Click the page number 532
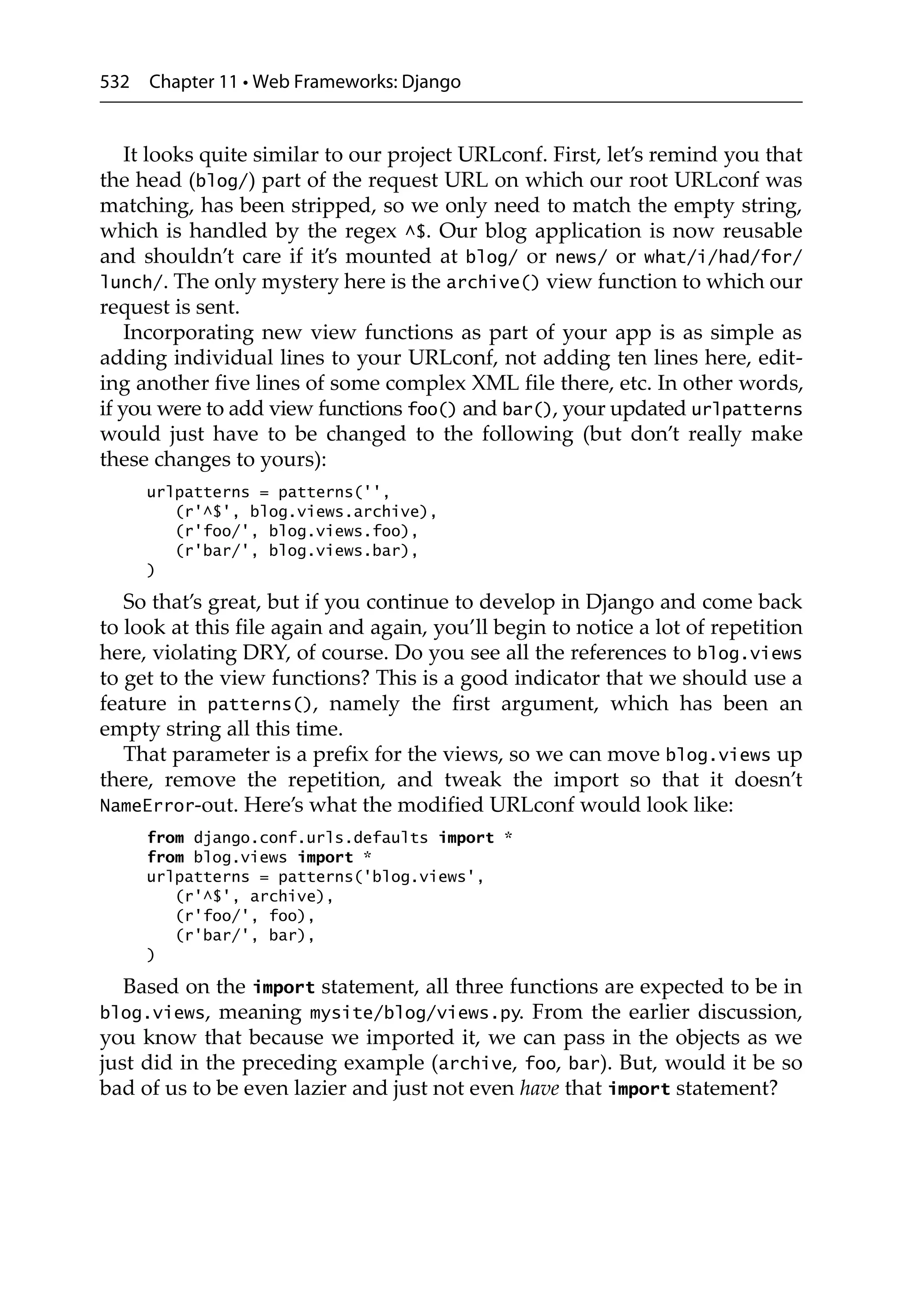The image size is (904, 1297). (x=114, y=83)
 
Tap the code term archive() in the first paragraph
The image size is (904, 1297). (x=492, y=283)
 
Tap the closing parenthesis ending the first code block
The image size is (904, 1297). (x=150, y=570)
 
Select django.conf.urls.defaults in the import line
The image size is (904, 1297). (x=311, y=838)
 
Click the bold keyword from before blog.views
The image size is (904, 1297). (x=165, y=857)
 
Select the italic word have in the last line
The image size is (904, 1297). (x=539, y=1089)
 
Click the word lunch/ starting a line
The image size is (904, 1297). (x=133, y=283)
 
